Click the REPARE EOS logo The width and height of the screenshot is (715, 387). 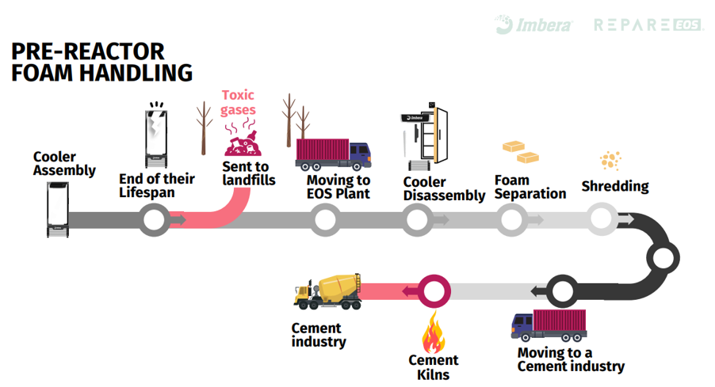(x=648, y=25)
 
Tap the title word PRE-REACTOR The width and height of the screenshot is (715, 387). (x=88, y=51)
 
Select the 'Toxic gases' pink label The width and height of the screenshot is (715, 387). (x=238, y=103)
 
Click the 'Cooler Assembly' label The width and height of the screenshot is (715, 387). (x=64, y=163)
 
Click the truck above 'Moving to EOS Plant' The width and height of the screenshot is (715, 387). (x=332, y=154)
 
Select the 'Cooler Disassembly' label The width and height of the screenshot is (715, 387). (x=444, y=188)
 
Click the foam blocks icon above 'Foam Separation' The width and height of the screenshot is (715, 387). (x=518, y=150)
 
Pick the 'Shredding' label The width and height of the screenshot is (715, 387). (x=615, y=187)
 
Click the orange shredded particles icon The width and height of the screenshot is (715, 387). (x=610, y=161)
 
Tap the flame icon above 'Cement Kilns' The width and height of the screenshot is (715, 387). (x=433, y=332)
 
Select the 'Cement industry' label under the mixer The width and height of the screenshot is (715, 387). (x=319, y=335)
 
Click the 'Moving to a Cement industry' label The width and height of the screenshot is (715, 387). (x=571, y=359)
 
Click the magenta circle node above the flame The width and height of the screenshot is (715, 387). (x=434, y=291)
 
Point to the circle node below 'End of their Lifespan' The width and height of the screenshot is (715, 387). (x=154, y=219)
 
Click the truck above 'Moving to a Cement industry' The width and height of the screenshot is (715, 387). (x=549, y=324)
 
